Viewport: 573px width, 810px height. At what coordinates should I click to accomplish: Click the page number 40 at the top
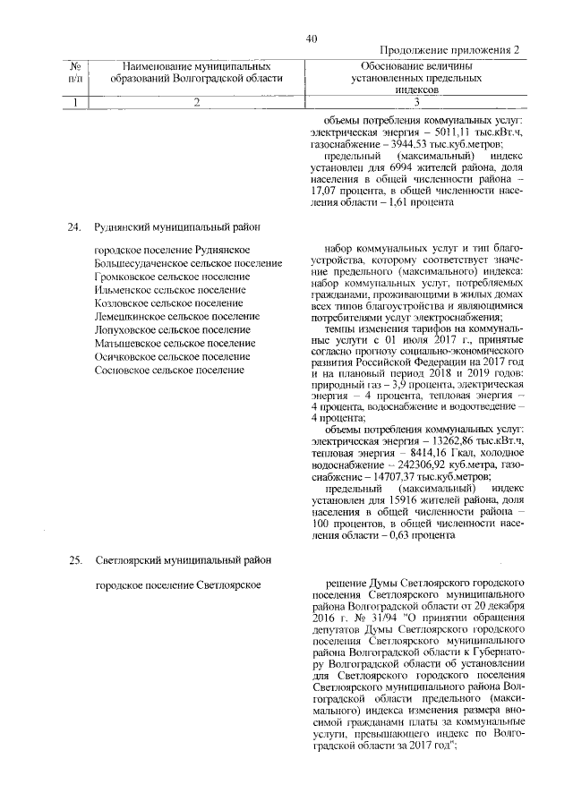pos(311,38)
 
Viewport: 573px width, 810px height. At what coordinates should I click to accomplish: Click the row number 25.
pos(75,560)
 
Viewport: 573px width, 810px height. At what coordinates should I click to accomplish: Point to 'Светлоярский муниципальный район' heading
pos(184,560)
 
